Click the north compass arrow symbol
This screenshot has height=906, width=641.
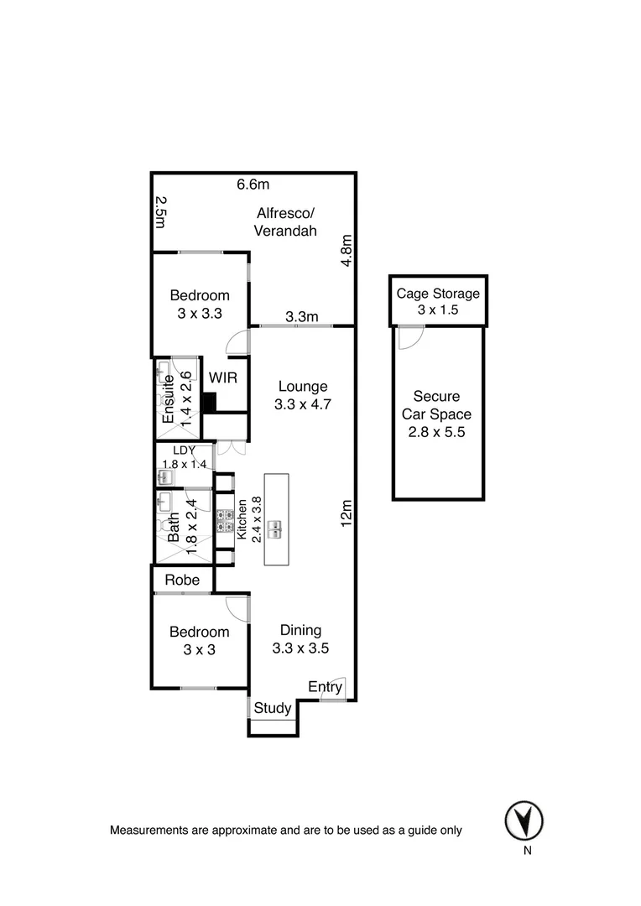pos(524,820)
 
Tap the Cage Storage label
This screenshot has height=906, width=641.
pos(438,294)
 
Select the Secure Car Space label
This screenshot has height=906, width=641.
pos(438,414)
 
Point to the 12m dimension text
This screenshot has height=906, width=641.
pos(346,513)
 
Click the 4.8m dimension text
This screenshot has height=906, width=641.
pos(346,251)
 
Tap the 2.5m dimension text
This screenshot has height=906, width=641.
pos(161,212)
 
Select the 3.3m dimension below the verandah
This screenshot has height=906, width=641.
pos(301,316)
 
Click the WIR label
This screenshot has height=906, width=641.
pos(223,378)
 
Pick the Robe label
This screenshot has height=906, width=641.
pos(182,580)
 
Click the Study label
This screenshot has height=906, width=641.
pos(273,708)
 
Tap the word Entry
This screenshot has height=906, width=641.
pos(325,688)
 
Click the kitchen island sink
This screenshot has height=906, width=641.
pos(276,528)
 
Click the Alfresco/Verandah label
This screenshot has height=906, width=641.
pos(285,221)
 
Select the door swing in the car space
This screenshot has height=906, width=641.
pos(409,338)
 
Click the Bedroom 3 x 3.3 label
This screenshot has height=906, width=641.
pos(200,305)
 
